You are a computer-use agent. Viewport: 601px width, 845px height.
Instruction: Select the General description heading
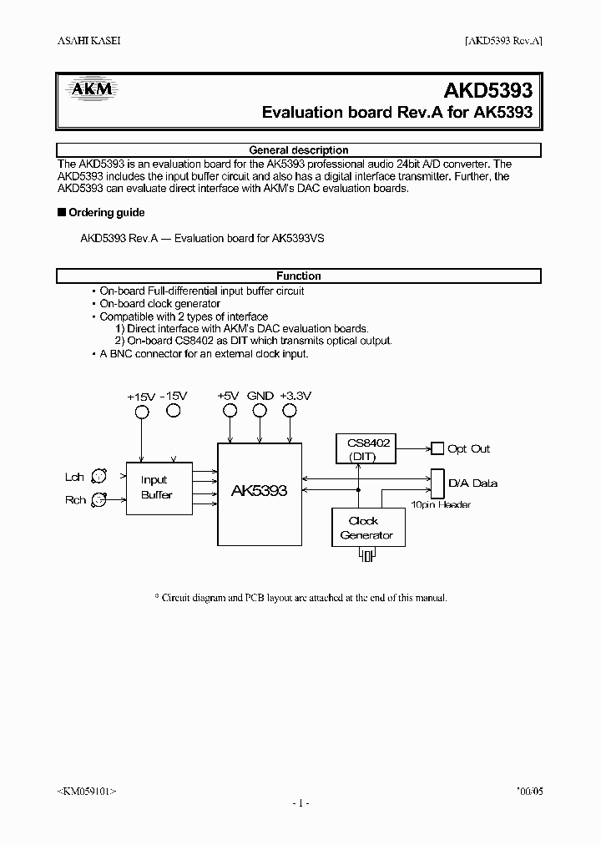[x=299, y=150]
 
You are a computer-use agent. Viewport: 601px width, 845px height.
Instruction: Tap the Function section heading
[x=299, y=276]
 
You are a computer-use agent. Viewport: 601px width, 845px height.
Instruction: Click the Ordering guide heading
[x=106, y=213]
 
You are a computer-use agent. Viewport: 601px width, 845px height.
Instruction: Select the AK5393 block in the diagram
[x=259, y=491]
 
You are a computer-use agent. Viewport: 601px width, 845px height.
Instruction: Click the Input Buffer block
[x=158, y=488]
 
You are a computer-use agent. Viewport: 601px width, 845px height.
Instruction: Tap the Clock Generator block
[x=367, y=529]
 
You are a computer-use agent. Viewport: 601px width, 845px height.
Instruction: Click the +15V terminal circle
[x=142, y=411]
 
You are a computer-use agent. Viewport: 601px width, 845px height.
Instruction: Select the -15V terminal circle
[x=173, y=411]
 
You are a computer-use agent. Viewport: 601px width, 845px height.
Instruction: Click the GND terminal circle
[x=260, y=411]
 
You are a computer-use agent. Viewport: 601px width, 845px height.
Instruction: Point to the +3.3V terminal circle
[x=290, y=411]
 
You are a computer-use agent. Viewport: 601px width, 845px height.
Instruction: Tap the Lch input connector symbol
[x=98, y=477]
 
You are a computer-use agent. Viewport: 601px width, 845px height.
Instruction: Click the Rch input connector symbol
[x=98, y=499]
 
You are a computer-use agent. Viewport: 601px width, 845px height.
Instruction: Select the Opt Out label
[x=469, y=449]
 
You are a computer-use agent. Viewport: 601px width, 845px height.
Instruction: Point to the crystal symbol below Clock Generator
[x=367, y=559]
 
